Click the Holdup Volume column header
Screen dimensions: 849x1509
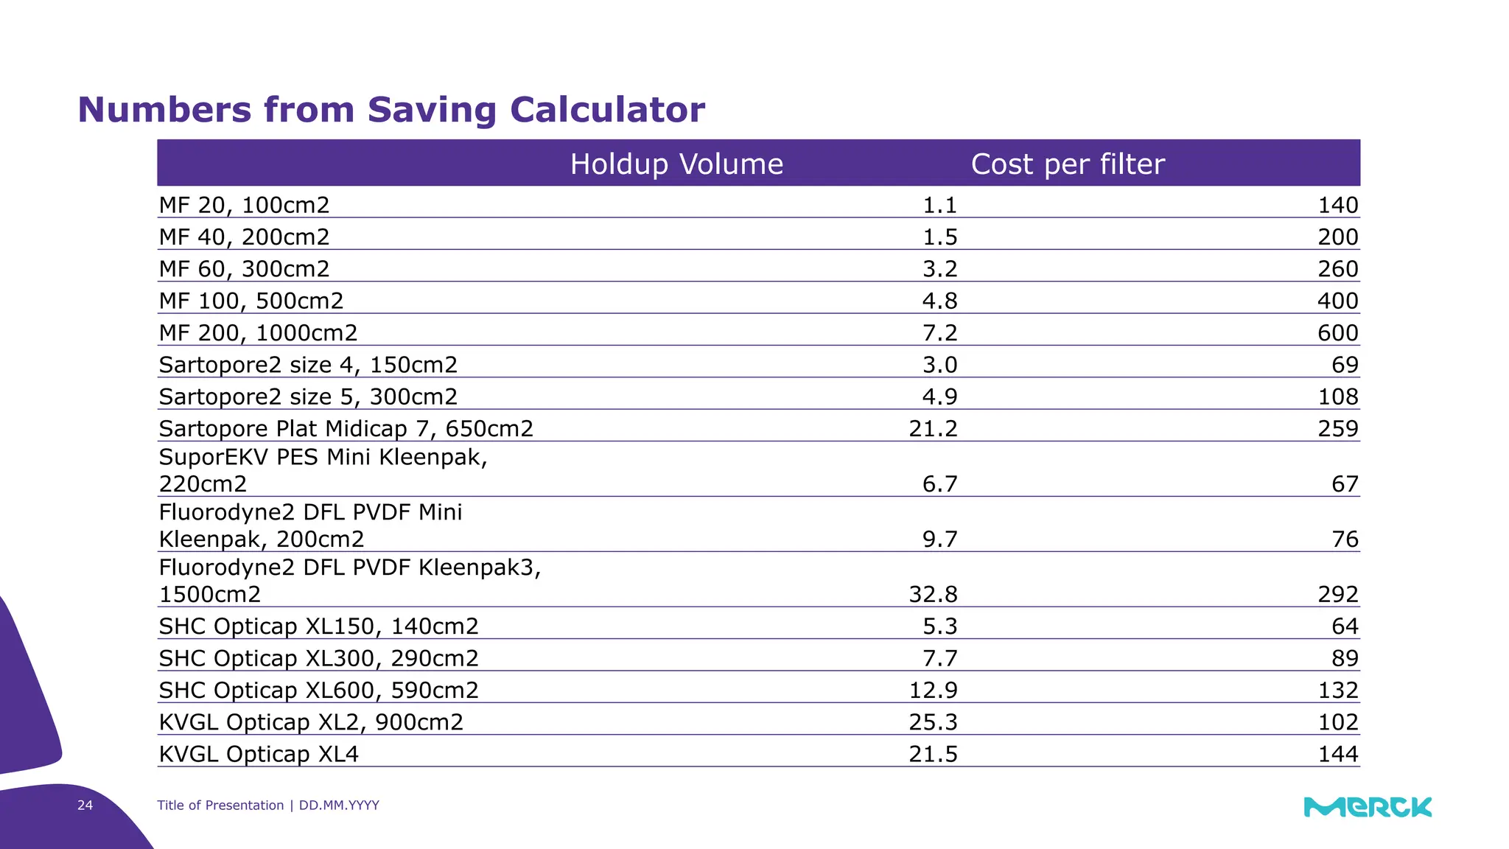(x=676, y=164)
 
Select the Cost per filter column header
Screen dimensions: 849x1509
(x=1067, y=164)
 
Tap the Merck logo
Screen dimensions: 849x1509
(x=1368, y=807)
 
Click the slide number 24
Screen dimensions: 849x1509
(x=85, y=805)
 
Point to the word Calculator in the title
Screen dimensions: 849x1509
(x=607, y=110)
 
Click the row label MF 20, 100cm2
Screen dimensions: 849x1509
(x=244, y=205)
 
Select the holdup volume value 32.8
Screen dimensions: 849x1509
(x=933, y=594)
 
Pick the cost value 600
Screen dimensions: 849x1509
(x=1337, y=333)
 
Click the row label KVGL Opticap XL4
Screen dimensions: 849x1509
(x=259, y=754)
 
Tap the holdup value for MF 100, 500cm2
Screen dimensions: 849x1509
(x=939, y=301)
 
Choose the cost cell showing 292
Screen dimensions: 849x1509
(x=1337, y=594)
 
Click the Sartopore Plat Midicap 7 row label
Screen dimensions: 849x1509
(x=346, y=428)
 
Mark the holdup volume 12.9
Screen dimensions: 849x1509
(x=933, y=690)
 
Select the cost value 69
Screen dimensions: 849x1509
(x=1345, y=365)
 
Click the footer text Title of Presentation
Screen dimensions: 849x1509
(x=220, y=805)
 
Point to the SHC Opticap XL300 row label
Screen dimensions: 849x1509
(x=318, y=658)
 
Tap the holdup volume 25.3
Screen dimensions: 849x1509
(x=933, y=722)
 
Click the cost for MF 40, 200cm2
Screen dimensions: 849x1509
(x=1337, y=237)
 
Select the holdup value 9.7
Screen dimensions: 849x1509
(x=939, y=539)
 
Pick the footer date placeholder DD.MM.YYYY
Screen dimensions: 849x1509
(x=339, y=805)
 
